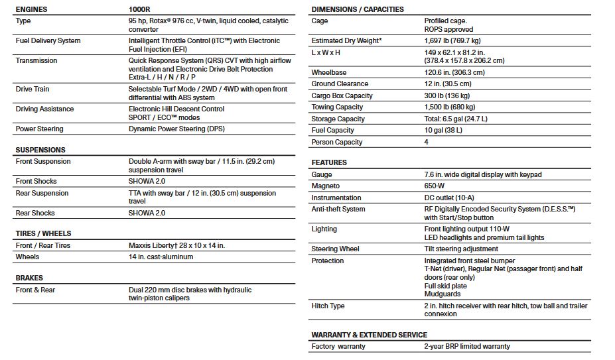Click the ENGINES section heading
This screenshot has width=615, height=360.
click(x=33, y=9)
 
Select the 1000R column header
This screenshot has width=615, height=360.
click(x=141, y=9)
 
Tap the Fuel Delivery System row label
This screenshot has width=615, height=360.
click(x=48, y=41)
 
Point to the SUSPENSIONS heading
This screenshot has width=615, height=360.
click(x=40, y=150)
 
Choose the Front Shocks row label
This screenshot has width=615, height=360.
click(x=36, y=182)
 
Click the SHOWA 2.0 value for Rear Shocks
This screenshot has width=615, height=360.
click(x=147, y=213)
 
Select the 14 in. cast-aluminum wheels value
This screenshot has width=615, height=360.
click(x=161, y=257)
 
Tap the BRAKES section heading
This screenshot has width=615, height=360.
click(x=29, y=278)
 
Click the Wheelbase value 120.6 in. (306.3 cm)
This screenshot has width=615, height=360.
click(x=454, y=72)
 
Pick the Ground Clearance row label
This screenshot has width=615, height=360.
click(x=340, y=84)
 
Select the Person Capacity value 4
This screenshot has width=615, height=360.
click(x=427, y=142)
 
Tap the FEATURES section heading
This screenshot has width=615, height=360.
click(x=329, y=162)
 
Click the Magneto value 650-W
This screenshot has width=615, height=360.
click(x=435, y=186)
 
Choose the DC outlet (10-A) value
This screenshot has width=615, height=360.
click(x=449, y=198)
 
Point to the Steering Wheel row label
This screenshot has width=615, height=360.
click(x=336, y=249)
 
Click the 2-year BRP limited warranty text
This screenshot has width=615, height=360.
click(x=467, y=346)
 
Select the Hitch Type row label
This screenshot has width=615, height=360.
click(x=328, y=306)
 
